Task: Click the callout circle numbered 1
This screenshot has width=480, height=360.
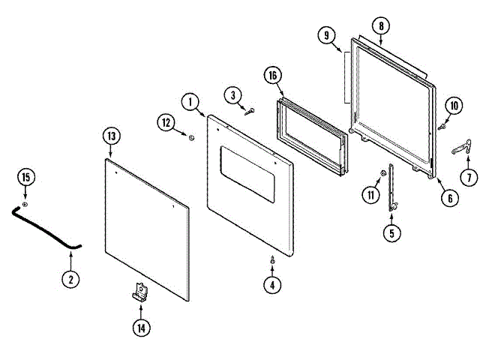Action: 190,101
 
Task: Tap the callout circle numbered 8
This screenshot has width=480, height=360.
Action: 381,26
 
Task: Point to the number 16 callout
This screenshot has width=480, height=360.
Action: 274,75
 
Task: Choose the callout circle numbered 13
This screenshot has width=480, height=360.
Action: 111,136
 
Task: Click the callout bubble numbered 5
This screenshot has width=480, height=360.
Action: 391,232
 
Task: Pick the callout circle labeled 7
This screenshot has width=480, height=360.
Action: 469,178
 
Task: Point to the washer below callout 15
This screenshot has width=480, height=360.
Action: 25,204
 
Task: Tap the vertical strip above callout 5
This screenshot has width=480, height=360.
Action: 391,187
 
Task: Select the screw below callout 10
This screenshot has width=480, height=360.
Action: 442,127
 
